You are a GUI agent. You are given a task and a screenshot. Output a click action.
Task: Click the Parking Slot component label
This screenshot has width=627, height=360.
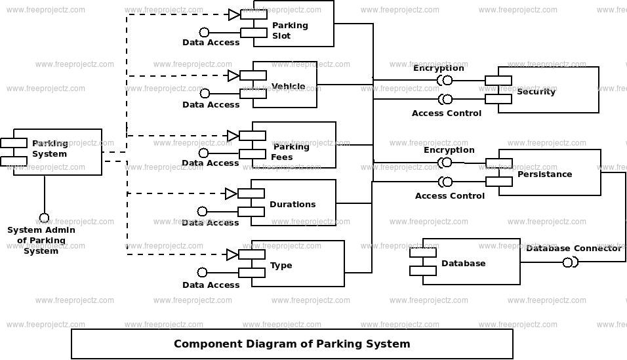[290, 30]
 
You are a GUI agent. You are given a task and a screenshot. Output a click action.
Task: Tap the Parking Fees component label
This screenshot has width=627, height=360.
[289, 151]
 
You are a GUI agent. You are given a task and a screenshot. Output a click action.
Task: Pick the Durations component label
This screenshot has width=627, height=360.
[293, 204]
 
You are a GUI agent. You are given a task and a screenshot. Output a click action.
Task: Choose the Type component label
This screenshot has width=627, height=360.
[281, 265]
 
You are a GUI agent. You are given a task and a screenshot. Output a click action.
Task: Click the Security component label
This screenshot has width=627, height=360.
[536, 91]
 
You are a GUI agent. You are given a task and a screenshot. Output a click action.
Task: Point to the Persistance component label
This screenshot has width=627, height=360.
[544, 174]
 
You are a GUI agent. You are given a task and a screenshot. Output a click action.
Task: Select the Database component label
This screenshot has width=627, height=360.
[463, 263]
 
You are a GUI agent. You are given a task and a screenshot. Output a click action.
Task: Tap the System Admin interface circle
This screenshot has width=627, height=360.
[44, 218]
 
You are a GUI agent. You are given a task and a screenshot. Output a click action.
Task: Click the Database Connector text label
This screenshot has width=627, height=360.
[573, 248]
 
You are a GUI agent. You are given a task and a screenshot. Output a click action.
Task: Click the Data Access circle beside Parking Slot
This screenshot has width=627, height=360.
[204, 32]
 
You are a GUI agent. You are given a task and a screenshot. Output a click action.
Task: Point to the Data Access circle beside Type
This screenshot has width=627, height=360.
[202, 272]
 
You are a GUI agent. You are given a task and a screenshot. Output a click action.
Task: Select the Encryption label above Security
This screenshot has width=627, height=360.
[438, 68]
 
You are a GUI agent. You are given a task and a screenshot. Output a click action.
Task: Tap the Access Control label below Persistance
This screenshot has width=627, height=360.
[449, 195]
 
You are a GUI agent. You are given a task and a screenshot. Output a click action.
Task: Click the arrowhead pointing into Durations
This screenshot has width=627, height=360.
[231, 193]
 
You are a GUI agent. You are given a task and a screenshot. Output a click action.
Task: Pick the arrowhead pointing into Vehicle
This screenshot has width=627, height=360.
[233, 75]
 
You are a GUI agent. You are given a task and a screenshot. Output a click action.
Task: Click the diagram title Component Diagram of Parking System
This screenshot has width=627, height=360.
[292, 344]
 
